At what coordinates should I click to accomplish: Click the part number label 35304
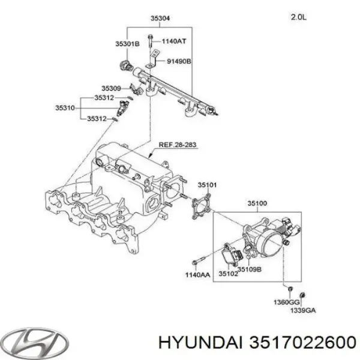[159, 19]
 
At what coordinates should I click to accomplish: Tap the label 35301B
[128, 44]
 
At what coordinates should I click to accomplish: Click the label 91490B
[179, 61]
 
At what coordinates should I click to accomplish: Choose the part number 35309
[111, 88]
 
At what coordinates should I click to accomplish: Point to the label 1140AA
[197, 275]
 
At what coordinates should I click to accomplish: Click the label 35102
[229, 275]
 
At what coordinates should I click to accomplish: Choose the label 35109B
[249, 269]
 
